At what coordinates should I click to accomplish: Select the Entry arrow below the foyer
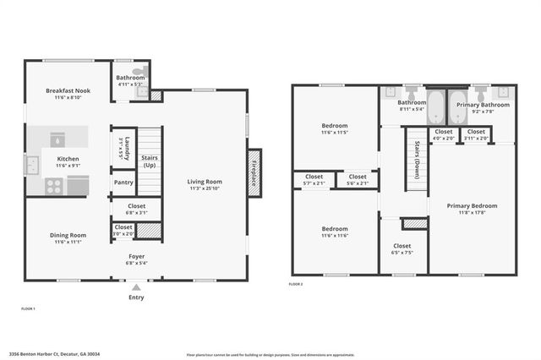[135, 286]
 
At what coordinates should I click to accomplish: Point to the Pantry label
[123, 183]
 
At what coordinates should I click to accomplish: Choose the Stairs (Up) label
[150, 160]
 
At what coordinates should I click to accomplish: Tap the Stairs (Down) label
[417, 155]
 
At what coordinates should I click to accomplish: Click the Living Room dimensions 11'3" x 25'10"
[204, 188]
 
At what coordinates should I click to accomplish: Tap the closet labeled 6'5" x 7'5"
[402, 245]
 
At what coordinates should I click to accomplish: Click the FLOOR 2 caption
[296, 285]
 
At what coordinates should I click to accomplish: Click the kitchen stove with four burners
[55, 187]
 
